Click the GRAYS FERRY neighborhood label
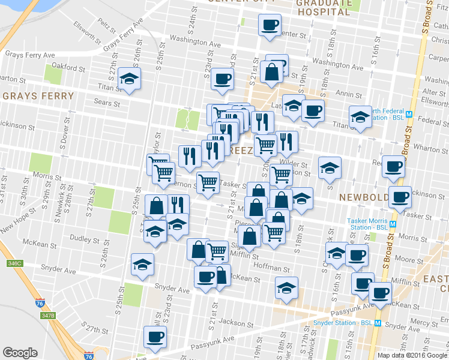[38, 96]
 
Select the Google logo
[20, 353]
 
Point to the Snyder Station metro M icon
[378, 323]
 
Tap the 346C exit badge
[14, 263]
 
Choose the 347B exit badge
[47, 315]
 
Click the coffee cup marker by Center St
[270, 25]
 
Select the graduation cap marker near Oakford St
[129, 79]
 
